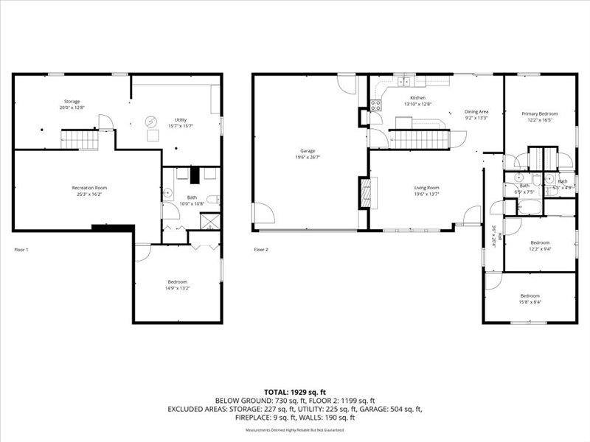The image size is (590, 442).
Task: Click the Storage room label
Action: (72, 101)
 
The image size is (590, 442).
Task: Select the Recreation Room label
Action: (89, 188)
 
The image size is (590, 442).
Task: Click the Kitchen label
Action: (417, 97)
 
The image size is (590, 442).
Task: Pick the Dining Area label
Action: (476, 111)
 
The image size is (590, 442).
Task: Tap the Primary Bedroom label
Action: (539, 113)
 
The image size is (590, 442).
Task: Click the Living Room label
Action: (426, 188)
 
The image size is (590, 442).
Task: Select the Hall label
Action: (499, 237)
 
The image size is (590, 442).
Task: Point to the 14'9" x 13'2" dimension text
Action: (177, 288)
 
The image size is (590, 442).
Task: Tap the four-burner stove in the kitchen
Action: (375, 105)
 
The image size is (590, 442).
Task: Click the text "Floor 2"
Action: (261, 250)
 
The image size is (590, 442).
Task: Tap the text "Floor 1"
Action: (21, 250)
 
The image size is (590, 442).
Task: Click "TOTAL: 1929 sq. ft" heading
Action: (294, 391)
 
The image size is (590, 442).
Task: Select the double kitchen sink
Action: (405, 80)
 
